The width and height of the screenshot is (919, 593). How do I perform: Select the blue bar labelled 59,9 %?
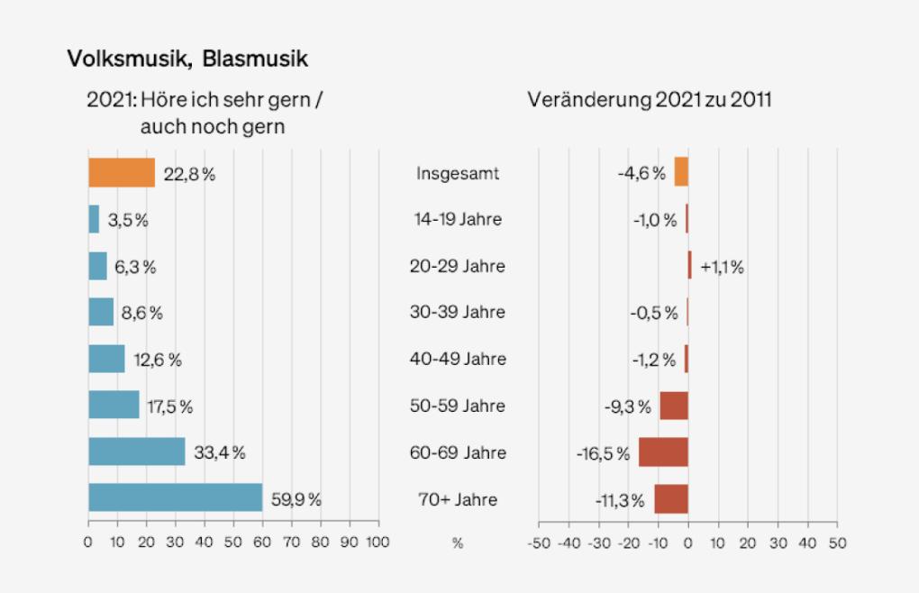click(x=175, y=498)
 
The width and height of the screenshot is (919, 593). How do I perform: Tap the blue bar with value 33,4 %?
click(x=136, y=452)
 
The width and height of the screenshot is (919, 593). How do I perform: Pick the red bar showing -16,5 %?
click(x=663, y=452)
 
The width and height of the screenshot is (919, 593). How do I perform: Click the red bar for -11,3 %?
click(x=671, y=498)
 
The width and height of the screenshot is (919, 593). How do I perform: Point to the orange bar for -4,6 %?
click(x=681, y=172)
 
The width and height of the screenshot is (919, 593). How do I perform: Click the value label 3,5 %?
click(x=129, y=220)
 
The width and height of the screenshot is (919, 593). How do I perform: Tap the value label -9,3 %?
click(x=627, y=406)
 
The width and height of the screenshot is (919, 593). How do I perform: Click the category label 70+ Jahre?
click(x=457, y=499)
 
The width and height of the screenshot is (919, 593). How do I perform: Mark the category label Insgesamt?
click(x=457, y=173)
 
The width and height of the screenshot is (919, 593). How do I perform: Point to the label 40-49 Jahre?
click(x=457, y=360)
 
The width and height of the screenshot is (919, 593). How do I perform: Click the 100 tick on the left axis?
click(x=378, y=543)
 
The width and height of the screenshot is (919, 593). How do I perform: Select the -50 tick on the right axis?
click(x=538, y=543)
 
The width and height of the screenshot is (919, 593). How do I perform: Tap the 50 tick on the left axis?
click(x=233, y=543)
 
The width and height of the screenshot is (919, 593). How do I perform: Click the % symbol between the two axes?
click(x=457, y=543)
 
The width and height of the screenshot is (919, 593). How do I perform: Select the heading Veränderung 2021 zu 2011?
click(x=649, y=100)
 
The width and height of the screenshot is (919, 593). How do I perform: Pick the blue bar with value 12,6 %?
click(x=106, y=359)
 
